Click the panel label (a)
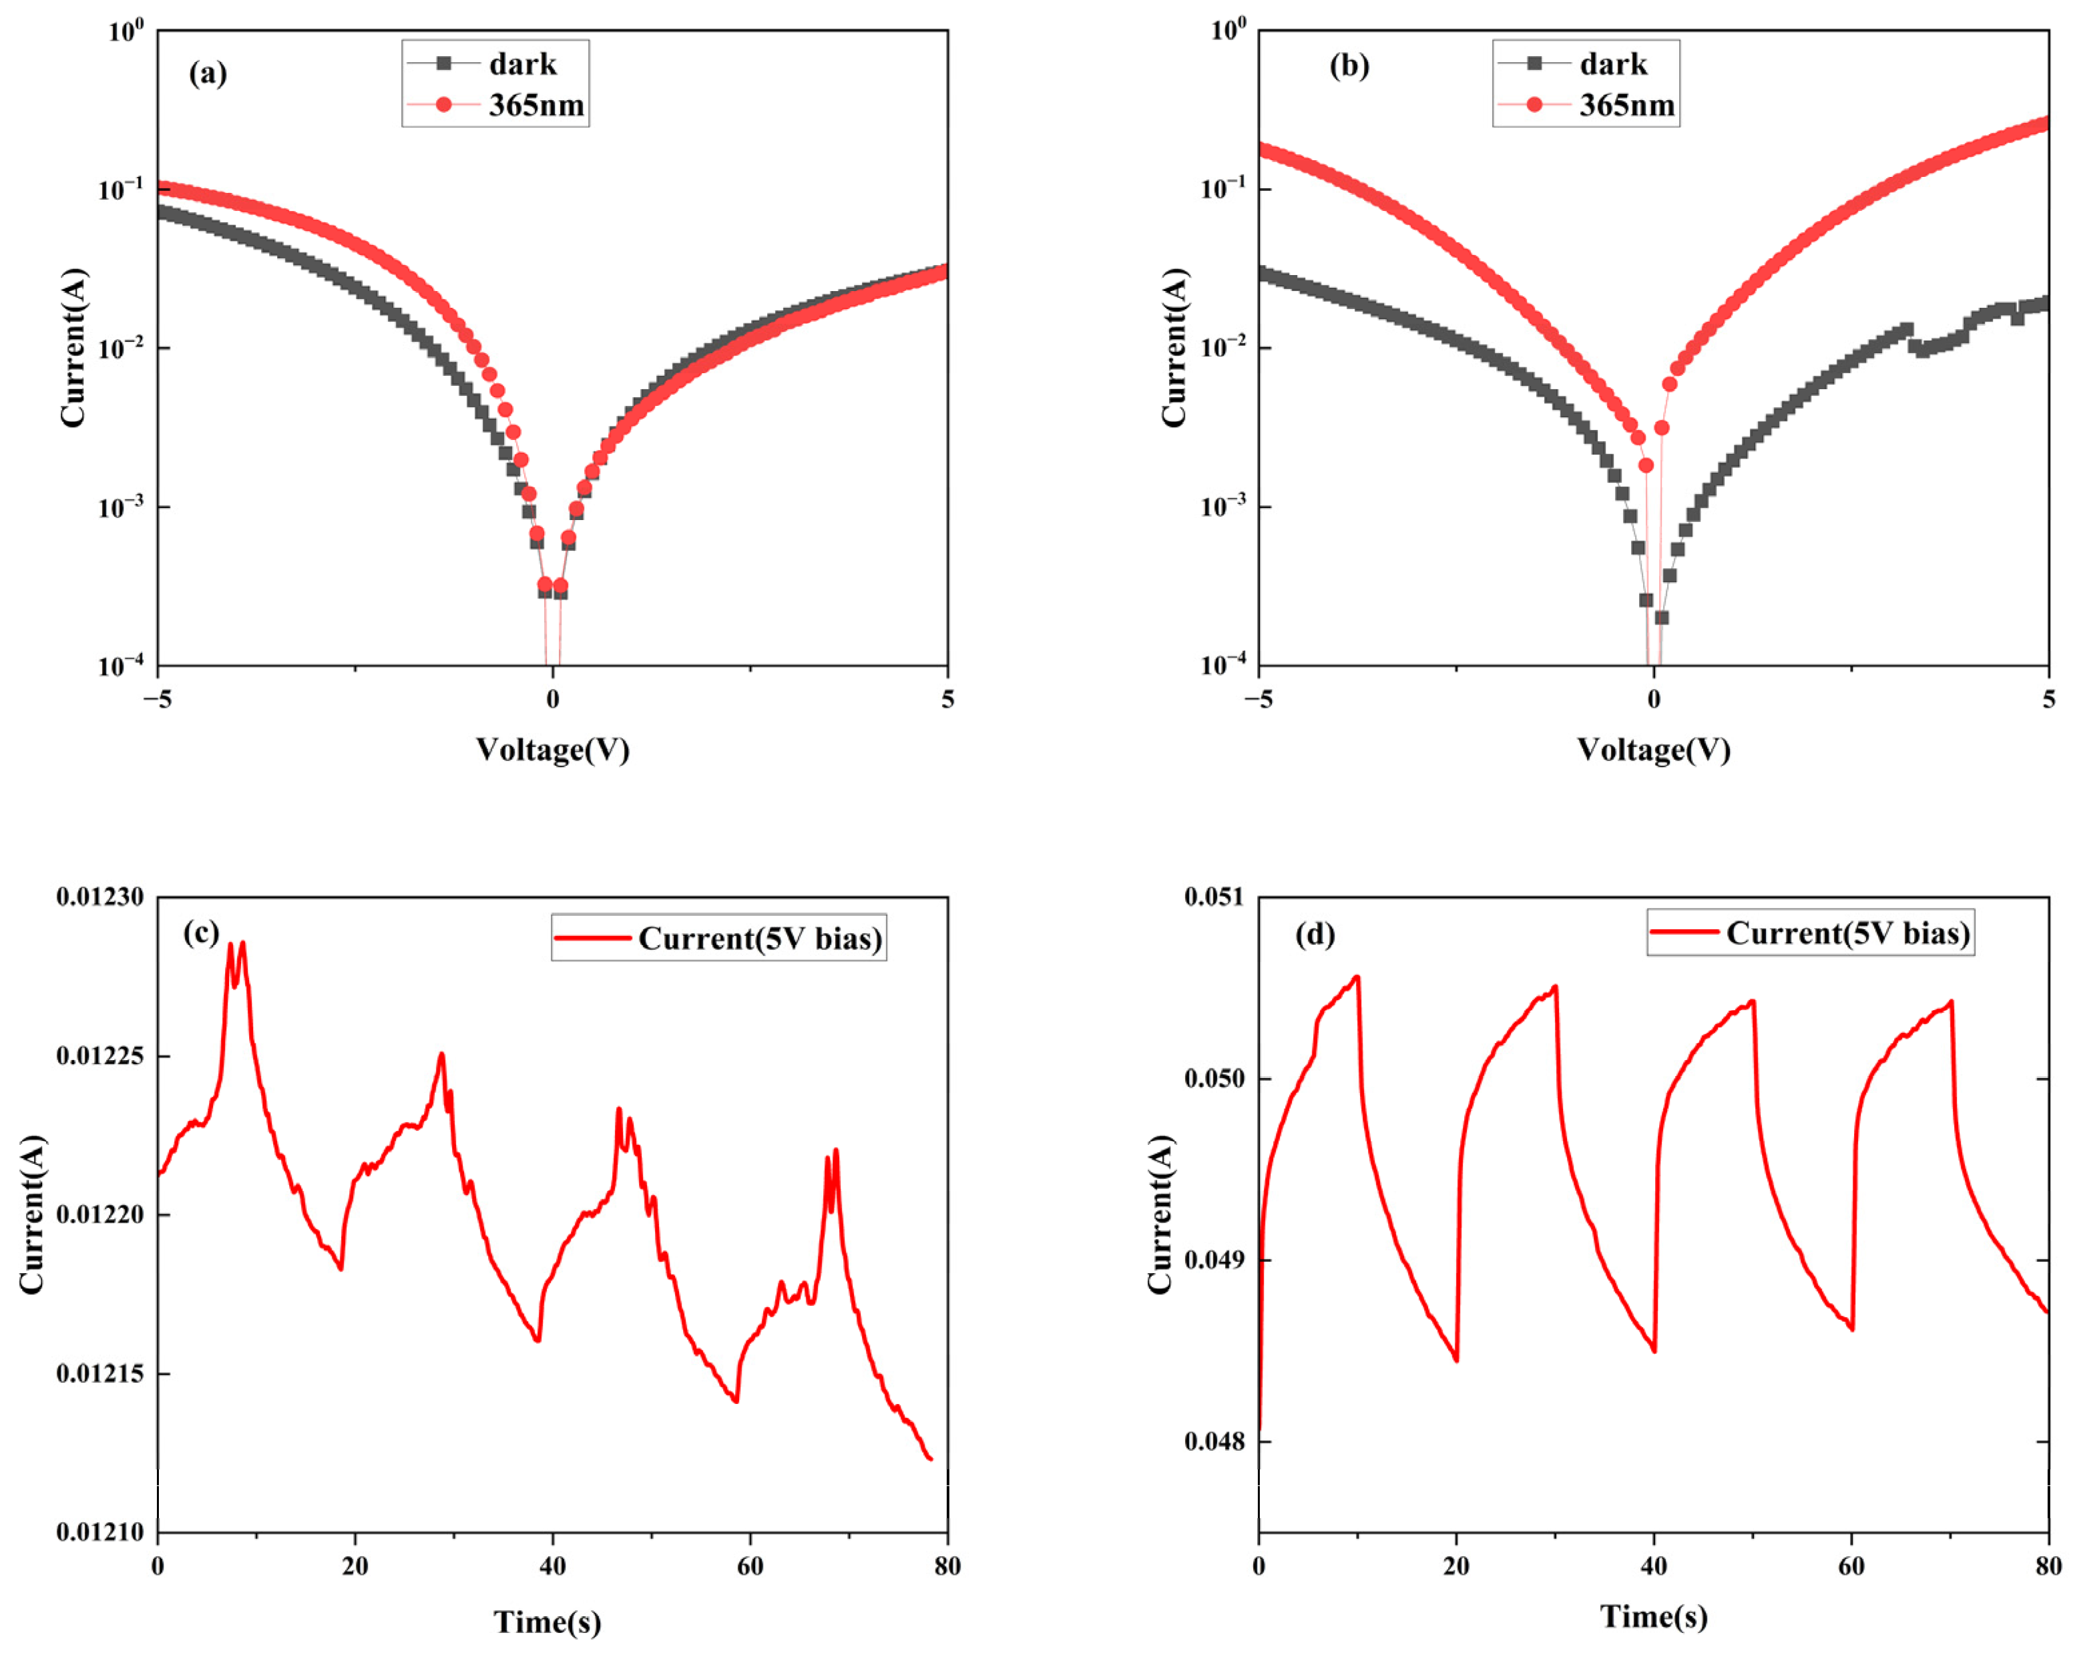coord(207,73)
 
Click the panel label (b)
coord(1349,65)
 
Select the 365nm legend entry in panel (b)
coord(1626,105)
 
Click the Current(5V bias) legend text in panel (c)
coord(760,938)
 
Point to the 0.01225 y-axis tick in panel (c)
coord(100,1055)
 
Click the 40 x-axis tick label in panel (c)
coord(552,1566)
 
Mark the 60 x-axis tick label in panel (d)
coord(1851,1566)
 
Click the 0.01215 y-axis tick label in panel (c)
coord(100,1374)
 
